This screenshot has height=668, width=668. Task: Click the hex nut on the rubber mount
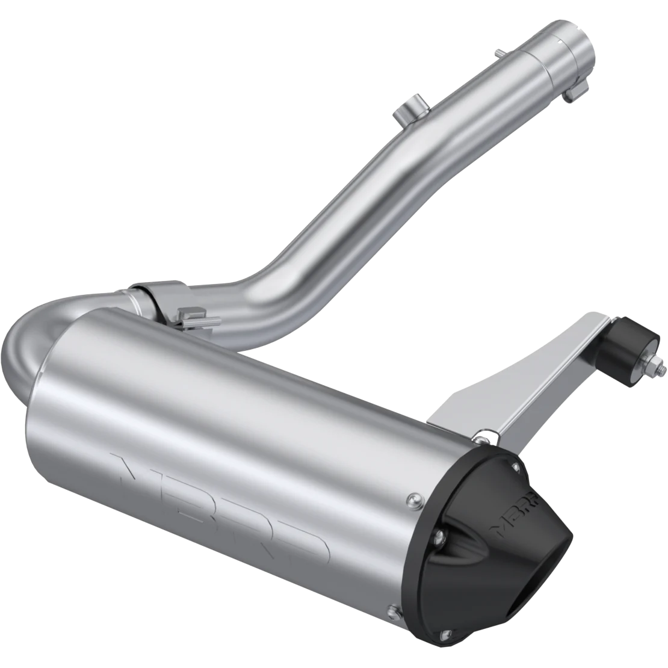(653, 365)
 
